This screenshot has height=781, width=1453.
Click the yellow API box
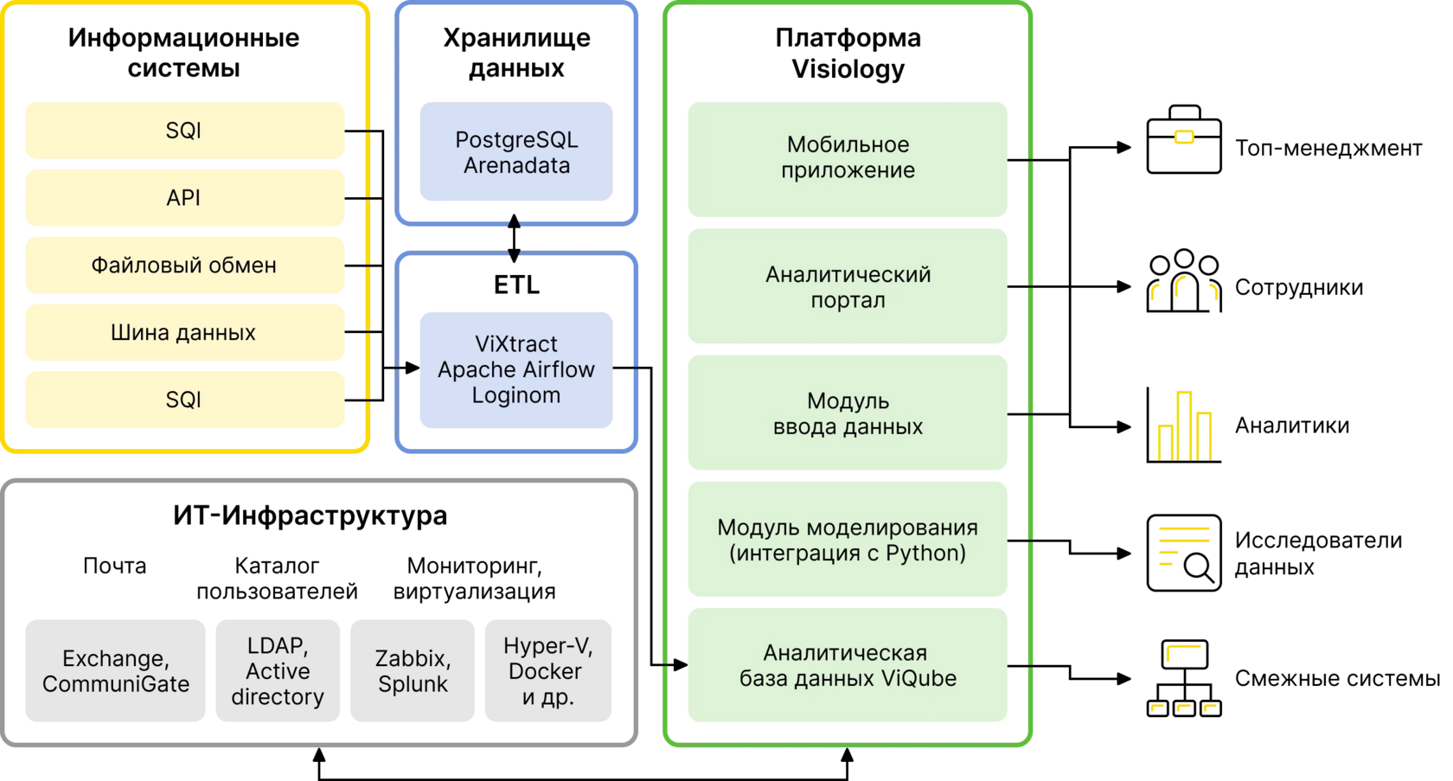tap(184, 198)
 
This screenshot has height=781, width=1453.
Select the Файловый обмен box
tap(184, 266)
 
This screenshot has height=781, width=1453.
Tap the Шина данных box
tap(184, 333)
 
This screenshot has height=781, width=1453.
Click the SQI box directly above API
tap(184, 131)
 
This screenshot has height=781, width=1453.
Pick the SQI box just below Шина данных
tap(184, 400)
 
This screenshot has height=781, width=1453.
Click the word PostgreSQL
tap(516, 140)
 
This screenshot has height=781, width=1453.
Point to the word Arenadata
tap(516, 166)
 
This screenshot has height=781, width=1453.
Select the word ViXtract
tap(516, 344)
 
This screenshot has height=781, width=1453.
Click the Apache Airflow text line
tap(516, 370)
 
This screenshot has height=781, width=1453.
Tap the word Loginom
tap(516, 396)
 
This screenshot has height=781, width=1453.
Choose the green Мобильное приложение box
tap(848, 159)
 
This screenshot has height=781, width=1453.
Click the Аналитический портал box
tap(848, 287)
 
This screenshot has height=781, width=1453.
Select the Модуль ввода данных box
tap(848, 413)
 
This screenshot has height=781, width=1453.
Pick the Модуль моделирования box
tap(848, 540)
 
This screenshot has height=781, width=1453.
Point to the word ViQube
tap(919, 679)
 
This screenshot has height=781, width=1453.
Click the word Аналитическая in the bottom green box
tap(845, 653)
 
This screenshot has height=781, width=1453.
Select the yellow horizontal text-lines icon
tap(1183, 545)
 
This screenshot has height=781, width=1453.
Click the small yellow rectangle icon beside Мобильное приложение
tap(1184, 137)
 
